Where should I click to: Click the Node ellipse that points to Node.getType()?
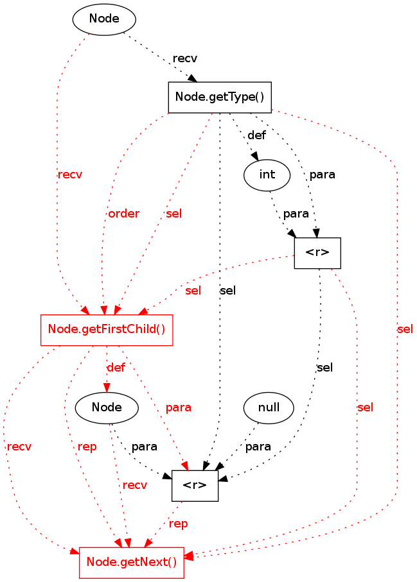pos(104,19)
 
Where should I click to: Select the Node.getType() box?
pos(219,98)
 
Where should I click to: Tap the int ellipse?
pos(267,174)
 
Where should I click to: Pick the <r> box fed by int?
pos(317,253)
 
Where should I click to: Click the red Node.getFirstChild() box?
pos(107,330)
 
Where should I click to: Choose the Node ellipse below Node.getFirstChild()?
pos(107,407)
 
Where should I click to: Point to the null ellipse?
pos(269,407)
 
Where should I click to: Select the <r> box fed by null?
pos(195,486)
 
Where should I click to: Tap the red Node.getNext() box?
pos(131,563)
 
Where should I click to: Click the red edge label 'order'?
pos(123,214)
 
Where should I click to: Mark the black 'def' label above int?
pos(256,135)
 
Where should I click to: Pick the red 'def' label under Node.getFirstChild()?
pos(116,368)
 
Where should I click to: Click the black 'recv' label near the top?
pos(185,58)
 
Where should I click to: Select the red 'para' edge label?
pos(178,407)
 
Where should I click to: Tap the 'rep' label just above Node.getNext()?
pos(178,524)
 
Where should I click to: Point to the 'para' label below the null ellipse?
pos(258,446)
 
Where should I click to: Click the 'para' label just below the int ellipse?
pos(296,213)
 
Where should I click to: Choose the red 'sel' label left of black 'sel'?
pos(193,290)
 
